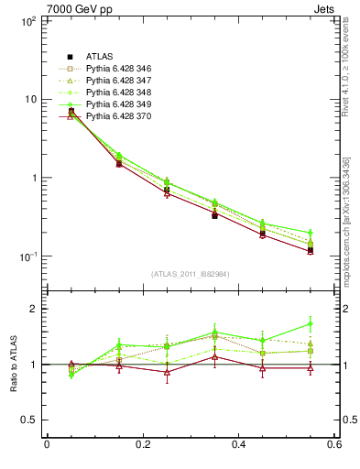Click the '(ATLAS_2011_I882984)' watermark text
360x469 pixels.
190,275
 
